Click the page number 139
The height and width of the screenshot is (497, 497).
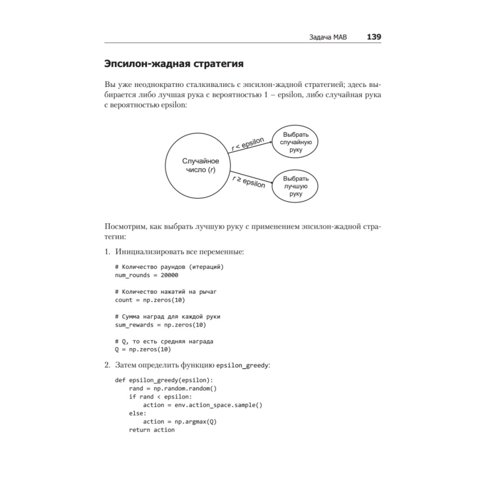pos(374,37)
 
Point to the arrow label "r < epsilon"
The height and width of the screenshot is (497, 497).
pos(248,144)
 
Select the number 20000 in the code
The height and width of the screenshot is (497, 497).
pos(168,275)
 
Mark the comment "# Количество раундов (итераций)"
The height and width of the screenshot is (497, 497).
pos(169,267)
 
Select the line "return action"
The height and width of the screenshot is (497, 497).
pos(152,429)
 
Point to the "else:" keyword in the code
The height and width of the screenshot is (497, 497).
pos(138,413)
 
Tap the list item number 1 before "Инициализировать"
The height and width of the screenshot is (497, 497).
pos(107,252)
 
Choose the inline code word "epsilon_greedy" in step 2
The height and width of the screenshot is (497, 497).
pos(243,365)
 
